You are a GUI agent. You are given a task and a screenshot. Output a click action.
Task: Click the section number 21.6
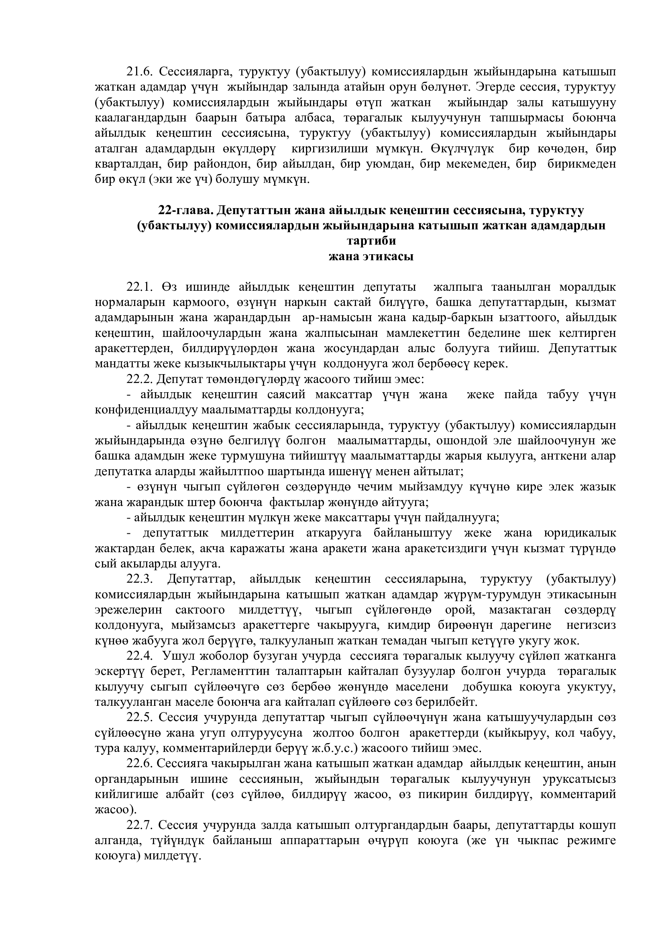[139, 71]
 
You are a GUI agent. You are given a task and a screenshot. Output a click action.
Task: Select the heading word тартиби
[371, 241]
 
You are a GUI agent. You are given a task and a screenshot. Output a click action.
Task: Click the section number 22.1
[139, 287]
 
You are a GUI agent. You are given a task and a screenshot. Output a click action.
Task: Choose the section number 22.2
[139, 379]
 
